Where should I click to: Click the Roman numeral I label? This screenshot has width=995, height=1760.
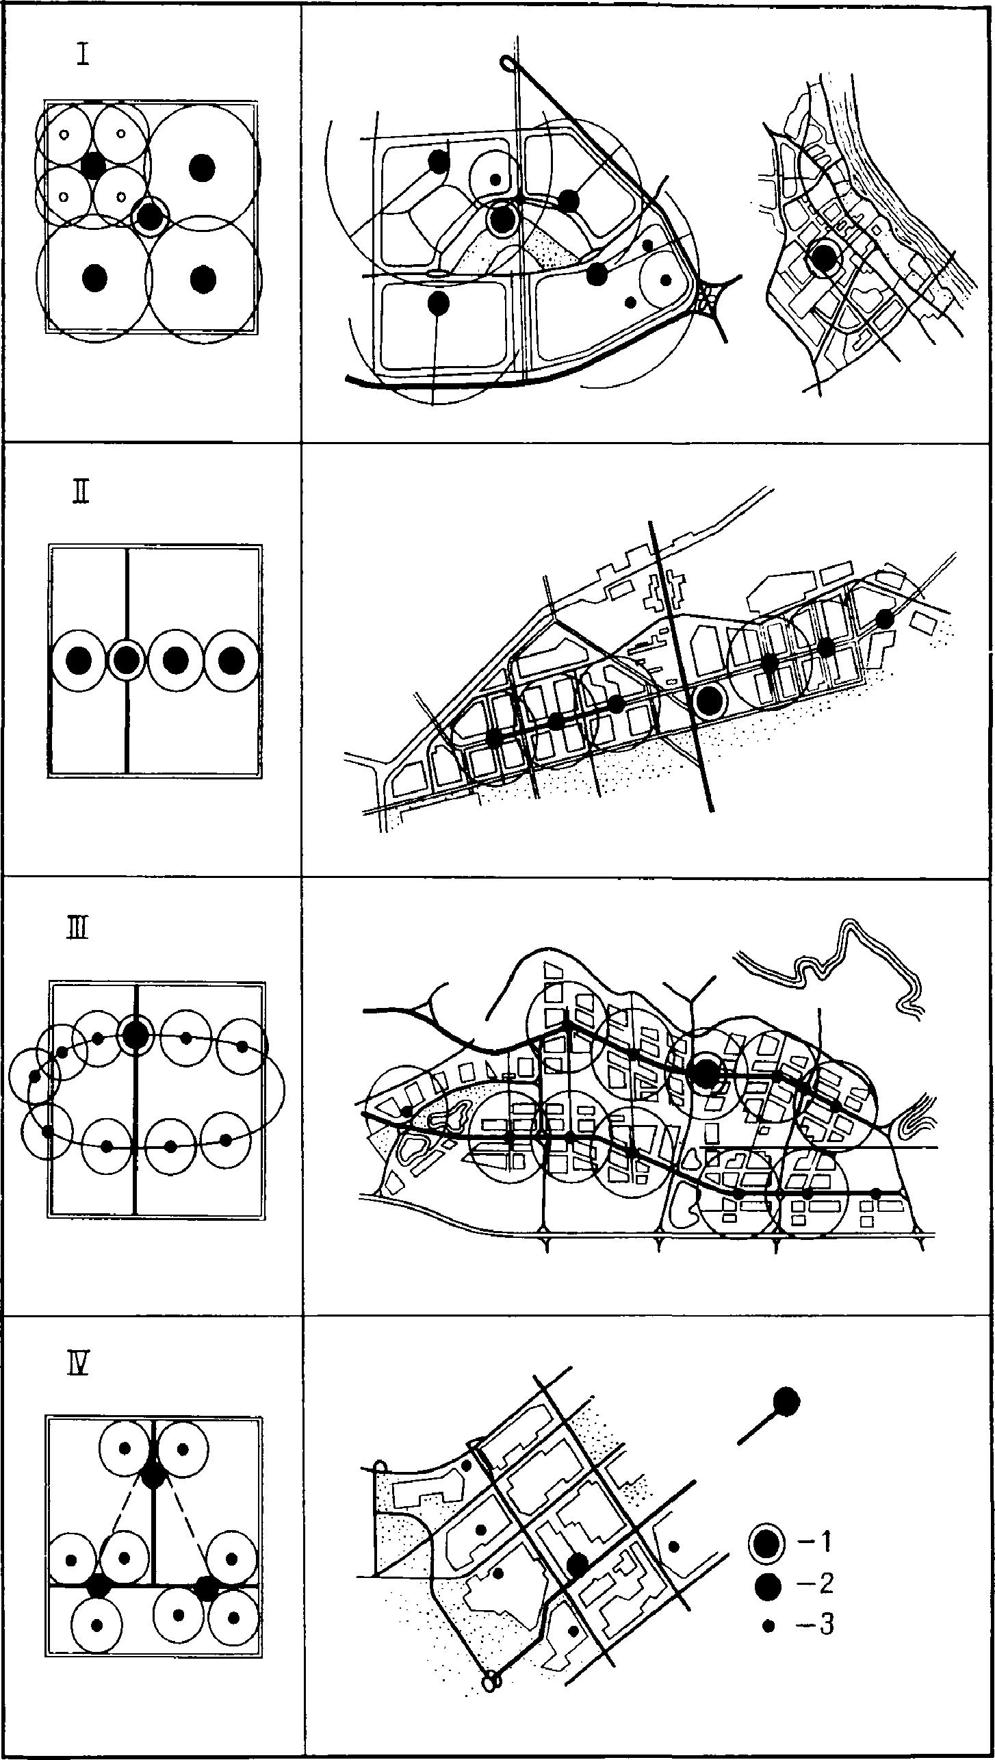(x=83, y=53)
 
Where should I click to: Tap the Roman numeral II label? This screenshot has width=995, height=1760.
(x=81, y=492)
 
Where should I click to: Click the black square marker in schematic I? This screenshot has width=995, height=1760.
(x=92, y=165)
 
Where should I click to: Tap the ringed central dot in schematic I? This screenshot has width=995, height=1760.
(x=150, y=216)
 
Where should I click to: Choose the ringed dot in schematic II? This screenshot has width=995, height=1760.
(x=127, y=660)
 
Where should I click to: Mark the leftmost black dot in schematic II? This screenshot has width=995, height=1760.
(x=80, y=660)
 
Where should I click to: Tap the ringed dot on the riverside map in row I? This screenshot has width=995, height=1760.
(x=823, y=257)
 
